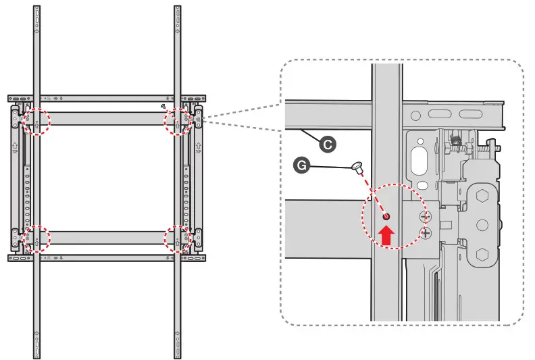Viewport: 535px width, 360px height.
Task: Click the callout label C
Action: [x=327, y=143]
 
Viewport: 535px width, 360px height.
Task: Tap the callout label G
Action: [x=301, y=163]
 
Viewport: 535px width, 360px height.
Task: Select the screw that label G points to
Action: [x=357, y=166]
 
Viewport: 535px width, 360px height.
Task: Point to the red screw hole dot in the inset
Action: [x=386, y=217]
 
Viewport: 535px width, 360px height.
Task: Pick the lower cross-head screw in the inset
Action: [x=425, y=233]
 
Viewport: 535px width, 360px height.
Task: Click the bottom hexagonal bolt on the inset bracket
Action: [x=481, y=255]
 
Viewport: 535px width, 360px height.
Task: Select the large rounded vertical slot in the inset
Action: [x=419, y=162]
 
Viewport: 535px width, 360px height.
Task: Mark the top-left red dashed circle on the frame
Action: [x=36, y=121]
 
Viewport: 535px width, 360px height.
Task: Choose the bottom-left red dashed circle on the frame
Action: [x=36, y=238]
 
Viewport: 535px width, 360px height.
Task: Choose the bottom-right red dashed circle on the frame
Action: [x=179, y=238]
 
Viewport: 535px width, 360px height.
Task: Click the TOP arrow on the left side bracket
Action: [x=15, y=146]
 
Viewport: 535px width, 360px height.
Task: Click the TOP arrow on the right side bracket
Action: [x=199, y=146]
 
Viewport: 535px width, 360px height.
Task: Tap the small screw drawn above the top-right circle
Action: [x=164, y=107]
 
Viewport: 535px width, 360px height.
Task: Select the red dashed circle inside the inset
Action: [x=391, y=217]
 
